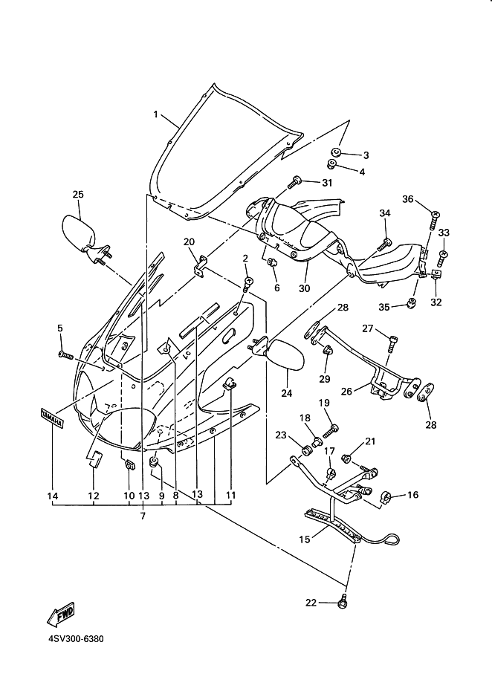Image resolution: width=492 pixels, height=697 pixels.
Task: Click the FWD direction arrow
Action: coord(61,615)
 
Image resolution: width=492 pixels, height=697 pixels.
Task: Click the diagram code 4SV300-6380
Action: coord(76,639)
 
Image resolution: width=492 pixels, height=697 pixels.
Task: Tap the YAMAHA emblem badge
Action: coord(51,418)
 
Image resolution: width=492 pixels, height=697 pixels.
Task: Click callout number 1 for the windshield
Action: coord(155,114)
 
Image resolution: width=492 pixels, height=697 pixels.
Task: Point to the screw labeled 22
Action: coord(343,601)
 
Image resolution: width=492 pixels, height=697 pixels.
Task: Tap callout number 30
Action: coord(304,288)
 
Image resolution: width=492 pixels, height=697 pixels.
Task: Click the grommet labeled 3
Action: coord(336,153)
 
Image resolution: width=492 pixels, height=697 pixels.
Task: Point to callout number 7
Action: coord(143,516)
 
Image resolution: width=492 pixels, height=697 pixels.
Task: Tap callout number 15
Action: coord(305,539)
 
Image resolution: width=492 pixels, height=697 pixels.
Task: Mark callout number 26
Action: coord(346,391)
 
